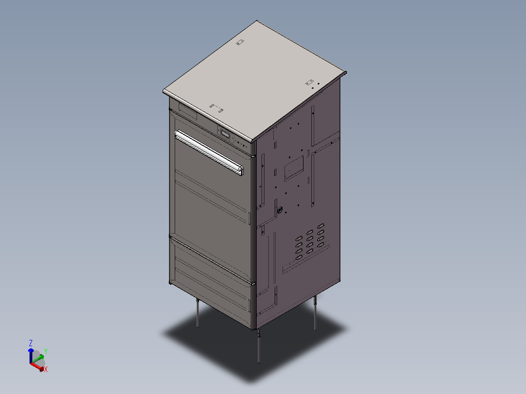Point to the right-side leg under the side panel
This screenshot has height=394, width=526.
click(315, 313)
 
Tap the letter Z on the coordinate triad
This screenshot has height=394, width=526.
click(30, 343)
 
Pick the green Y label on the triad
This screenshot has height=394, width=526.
click(45, 351)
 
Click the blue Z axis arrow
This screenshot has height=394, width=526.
click(30, 354)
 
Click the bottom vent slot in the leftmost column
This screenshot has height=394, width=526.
click(298, 256)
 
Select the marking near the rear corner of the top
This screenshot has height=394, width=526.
click(239, 43)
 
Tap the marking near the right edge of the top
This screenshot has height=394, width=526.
click(308, 82)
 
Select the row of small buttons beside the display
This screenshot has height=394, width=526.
click(243, 143)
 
